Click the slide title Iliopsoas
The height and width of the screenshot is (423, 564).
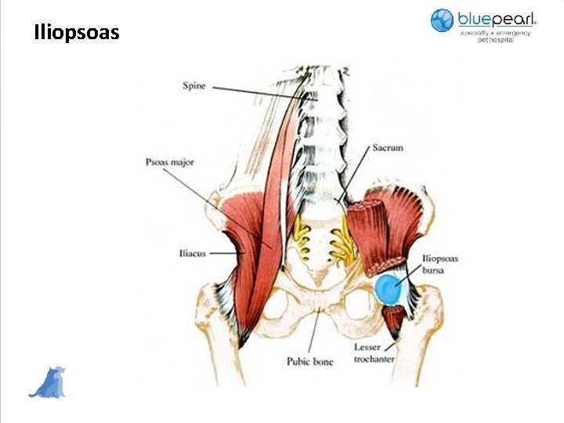(77, 33)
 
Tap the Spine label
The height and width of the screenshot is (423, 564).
(194, 85)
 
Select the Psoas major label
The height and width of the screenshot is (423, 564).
(169, 162)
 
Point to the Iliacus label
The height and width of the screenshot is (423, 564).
(193, 254)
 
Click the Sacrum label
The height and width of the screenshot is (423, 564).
(387, 146)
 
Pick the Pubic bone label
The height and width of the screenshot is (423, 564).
(310, 362)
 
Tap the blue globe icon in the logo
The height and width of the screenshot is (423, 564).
(443, 20)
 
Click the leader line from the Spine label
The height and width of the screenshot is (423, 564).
(258, 91)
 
